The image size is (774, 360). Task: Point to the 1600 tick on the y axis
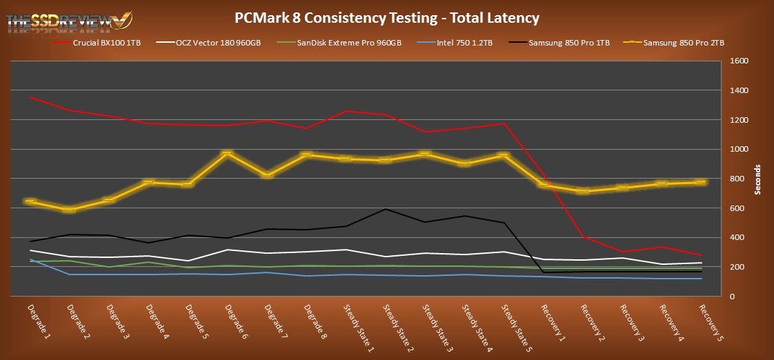coord(736,61)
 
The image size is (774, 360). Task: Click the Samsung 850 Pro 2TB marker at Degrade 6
coord(227,153)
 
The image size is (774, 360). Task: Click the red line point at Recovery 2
coord(584,237)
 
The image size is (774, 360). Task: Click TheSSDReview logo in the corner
coord(69,21)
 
